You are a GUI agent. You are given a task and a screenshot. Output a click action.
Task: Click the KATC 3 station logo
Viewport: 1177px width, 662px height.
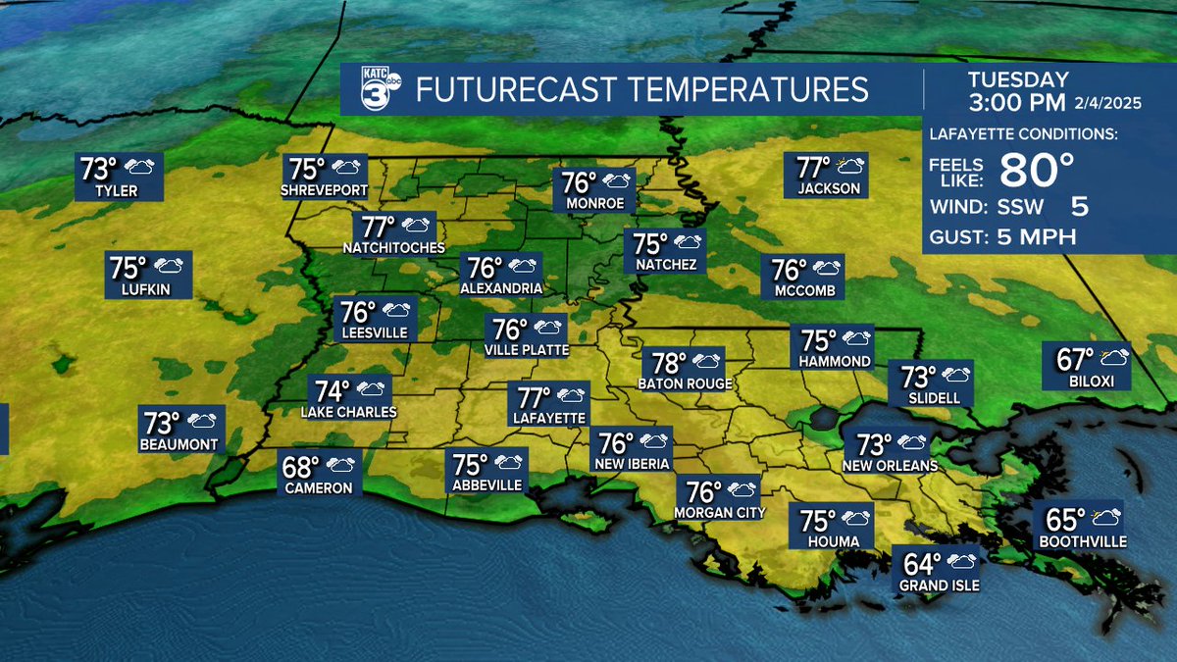click(373, 90)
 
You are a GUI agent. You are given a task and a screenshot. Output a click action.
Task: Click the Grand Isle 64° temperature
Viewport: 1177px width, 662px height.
click(922, 564)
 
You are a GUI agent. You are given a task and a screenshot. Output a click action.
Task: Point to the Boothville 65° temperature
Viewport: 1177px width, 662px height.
click(1067, 519)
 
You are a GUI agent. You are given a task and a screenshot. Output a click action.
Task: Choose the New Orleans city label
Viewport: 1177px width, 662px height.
click(890, 466)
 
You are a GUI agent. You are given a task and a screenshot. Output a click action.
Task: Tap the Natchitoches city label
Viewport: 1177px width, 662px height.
click(393, 247)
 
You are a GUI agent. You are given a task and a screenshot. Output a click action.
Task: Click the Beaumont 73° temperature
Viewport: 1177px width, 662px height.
click(163, 423)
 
